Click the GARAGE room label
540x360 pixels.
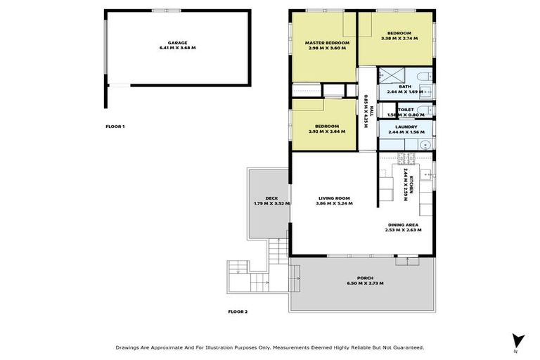(x=177, y=42)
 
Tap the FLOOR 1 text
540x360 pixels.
(x=115, y=127)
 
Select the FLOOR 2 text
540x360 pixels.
(x=238, y=311)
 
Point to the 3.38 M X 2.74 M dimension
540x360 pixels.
(x=399, y=38)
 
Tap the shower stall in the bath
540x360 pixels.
(x=388, y=76)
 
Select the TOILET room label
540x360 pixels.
(x=405, y=110)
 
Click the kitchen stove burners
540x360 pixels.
(x=406, y=157)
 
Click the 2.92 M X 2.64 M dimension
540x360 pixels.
(x=324, y=131)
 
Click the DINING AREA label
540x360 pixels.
(x=403, y=224)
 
